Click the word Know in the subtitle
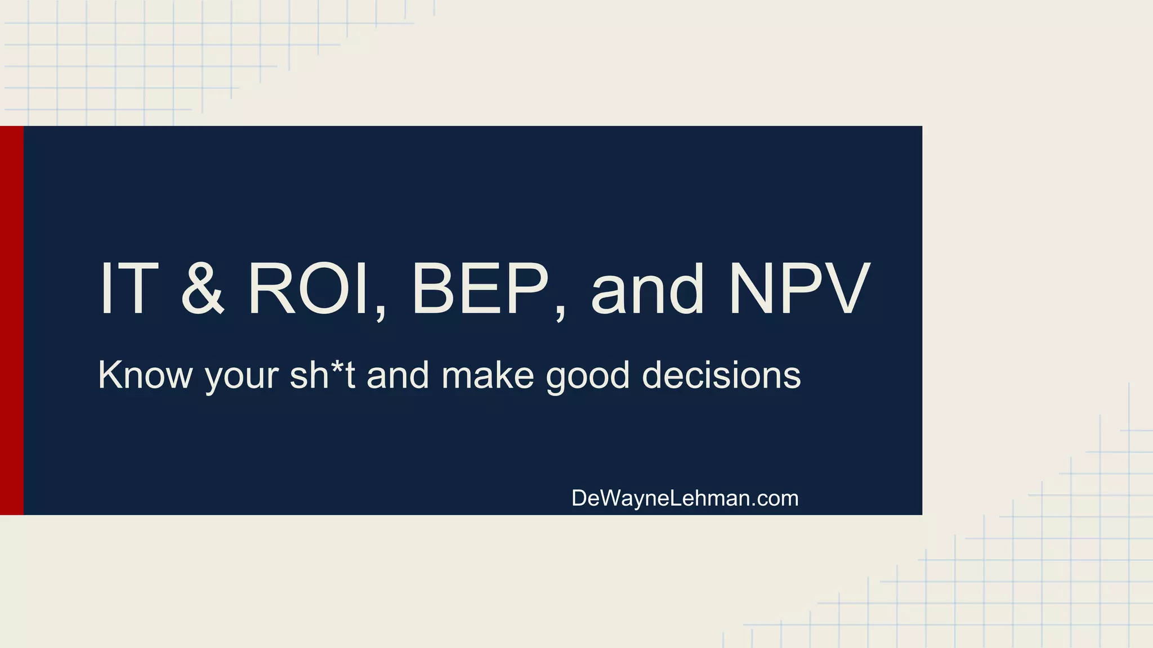click(x=145, y=375)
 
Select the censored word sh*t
click(x=322, y=375)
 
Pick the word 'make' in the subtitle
click(x=488, y=375)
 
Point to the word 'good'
click(x=588, y=377)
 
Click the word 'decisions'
click(x=721, y=375)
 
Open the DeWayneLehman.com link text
click(x=685, y=498)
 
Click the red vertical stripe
click(x=12, y=320)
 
